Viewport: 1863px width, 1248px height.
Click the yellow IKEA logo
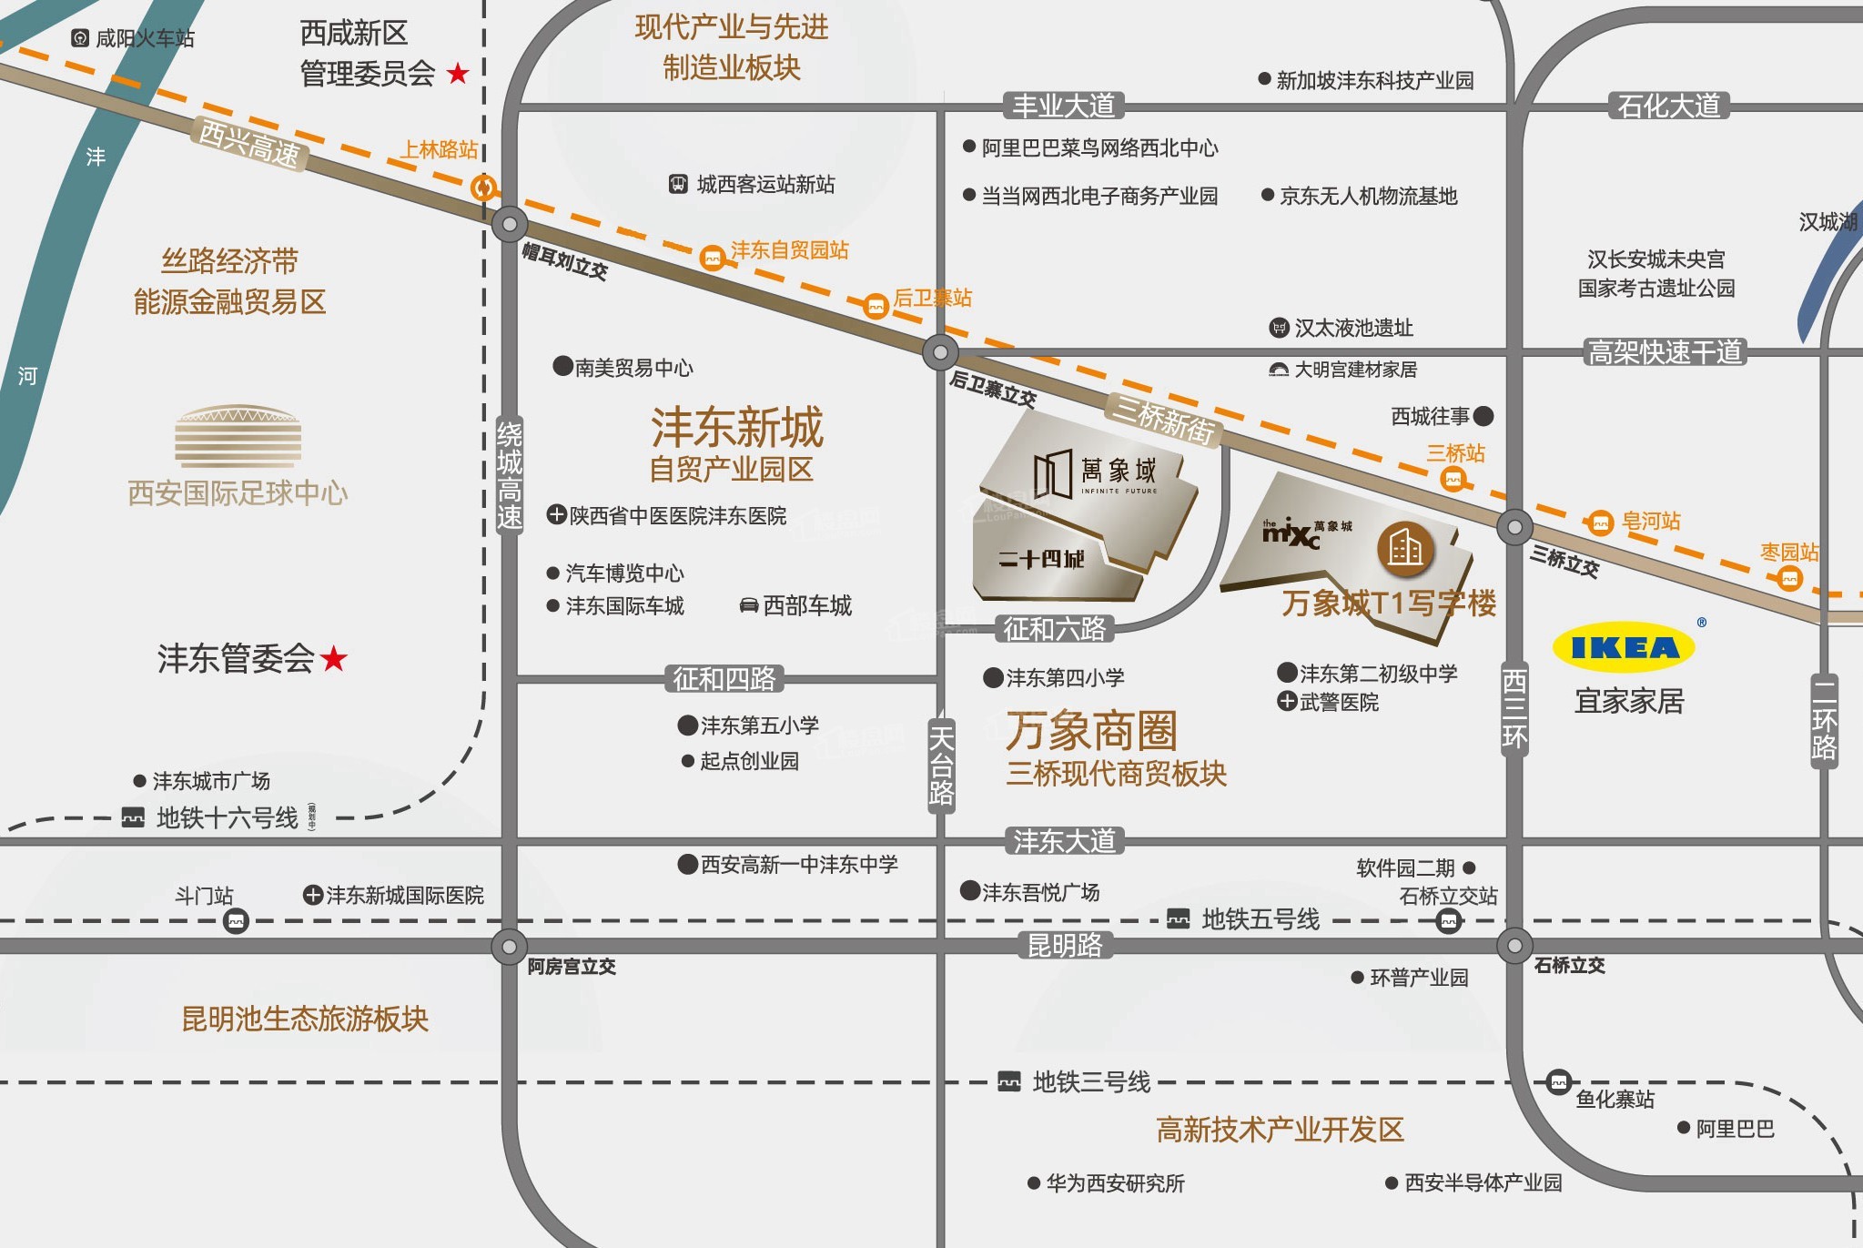click(1624, 647)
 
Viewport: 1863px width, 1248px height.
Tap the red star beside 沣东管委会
click(334, 657)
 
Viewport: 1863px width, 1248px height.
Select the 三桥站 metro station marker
click(1453, 479)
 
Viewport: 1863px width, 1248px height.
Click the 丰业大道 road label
click(1063, 106)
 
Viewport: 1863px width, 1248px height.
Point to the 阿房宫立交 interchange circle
click(509, 946)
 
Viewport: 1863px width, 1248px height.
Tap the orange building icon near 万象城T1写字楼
click(1404, 549)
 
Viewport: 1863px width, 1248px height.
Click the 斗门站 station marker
click(236, 921)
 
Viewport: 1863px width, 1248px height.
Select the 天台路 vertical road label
click(941, 765)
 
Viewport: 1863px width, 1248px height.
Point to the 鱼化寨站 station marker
click(1559, 1081)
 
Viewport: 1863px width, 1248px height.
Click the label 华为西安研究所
click(1115, 1182)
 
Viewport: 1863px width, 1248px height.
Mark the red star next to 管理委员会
click(458, 73)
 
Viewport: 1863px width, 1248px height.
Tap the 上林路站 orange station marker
click(483, 188)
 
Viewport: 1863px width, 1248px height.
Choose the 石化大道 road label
click(1668, 106)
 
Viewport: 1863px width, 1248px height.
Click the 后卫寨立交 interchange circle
click(940, 352)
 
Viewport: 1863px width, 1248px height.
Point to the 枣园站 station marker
click(1789, 578)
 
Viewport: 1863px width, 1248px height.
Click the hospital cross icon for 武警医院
click(1287, 701)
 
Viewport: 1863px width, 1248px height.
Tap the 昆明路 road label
click(1064, 946)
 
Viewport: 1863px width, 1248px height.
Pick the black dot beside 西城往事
click(1483, 416)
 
